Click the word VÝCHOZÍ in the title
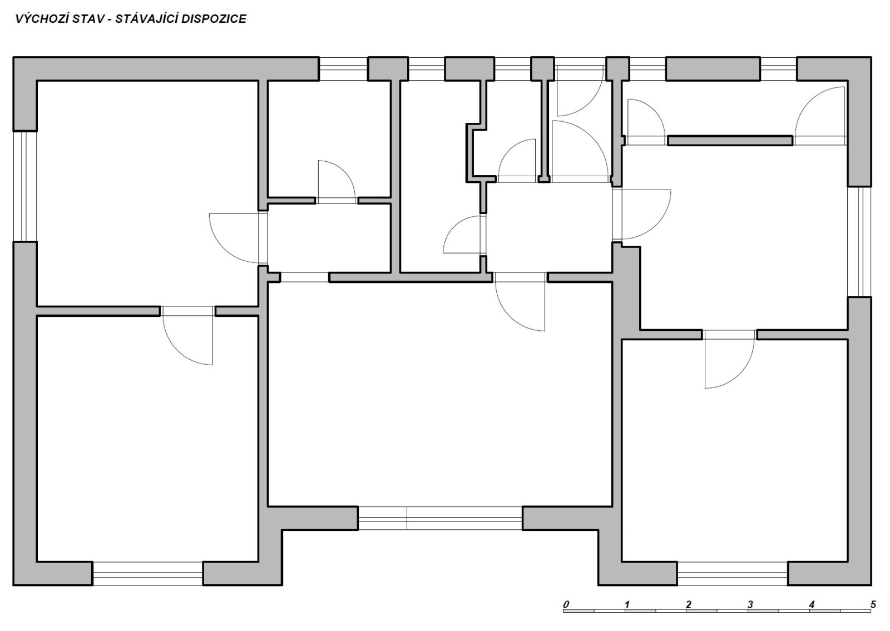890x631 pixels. point(42,19)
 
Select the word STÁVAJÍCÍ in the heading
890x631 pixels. point(146,19)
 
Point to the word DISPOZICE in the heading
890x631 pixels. point(214,19)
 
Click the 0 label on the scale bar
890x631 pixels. point(566,604)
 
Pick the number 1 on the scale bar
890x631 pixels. point(627,604)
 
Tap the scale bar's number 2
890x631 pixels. point(689,604)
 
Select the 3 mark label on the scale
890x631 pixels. point(750,604)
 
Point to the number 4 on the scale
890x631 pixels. point(812,604)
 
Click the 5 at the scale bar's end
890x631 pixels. point(873,604)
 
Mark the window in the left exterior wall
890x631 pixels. point(25,186)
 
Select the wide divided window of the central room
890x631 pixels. point(440,518)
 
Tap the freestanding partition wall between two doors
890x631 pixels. point(730,141)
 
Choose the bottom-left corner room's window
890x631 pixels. point(148,573)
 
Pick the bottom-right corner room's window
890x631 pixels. point(733,573)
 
